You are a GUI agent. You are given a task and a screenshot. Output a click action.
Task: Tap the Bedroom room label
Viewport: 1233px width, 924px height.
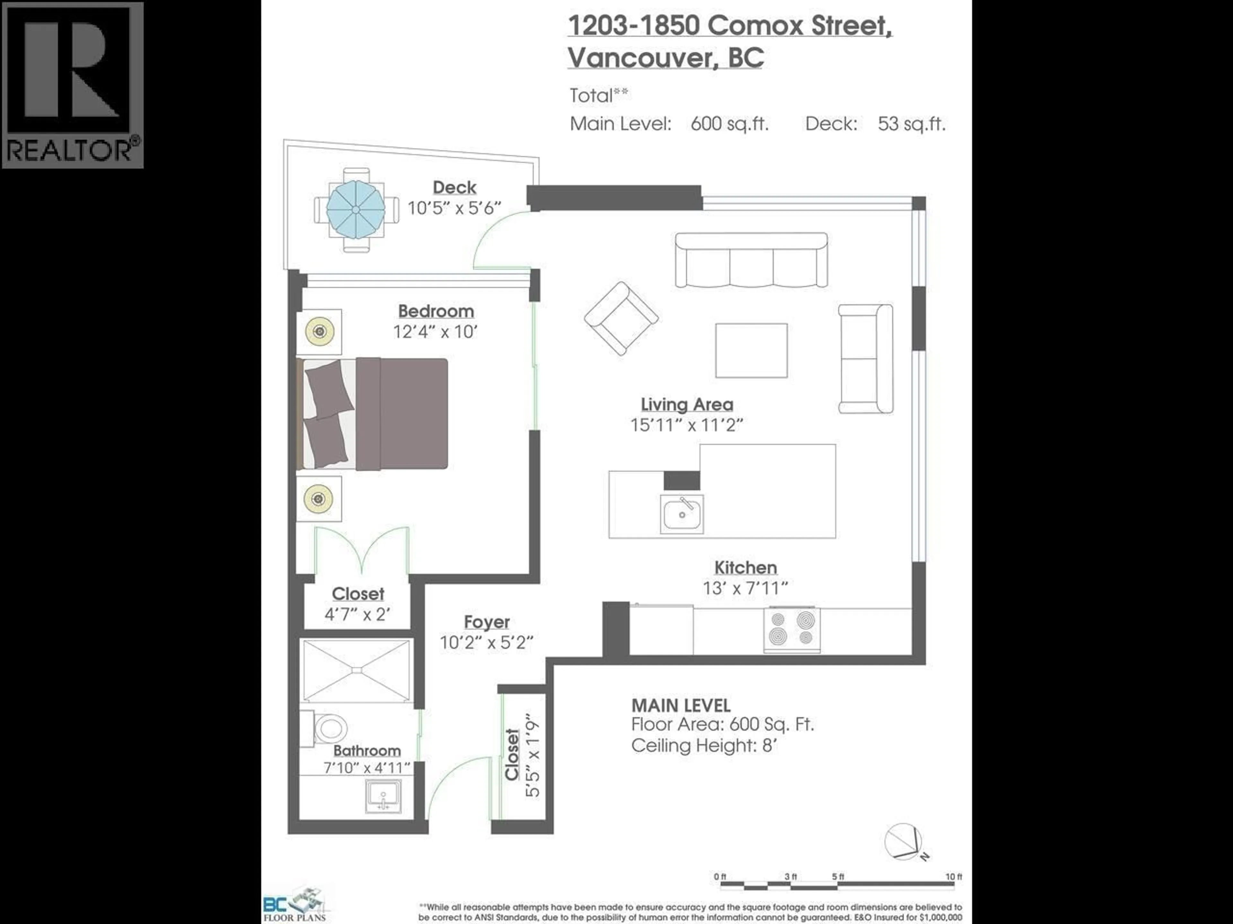coord(436,311)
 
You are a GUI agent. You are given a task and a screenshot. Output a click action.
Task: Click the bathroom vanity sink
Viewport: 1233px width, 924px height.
coord(383,796)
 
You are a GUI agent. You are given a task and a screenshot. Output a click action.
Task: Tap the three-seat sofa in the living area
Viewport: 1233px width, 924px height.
coord(751,260)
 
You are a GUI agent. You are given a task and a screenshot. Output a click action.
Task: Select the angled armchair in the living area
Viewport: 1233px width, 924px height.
coord(621,318)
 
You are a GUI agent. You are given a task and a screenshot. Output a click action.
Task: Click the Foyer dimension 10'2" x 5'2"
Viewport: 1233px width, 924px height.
coord(487,643)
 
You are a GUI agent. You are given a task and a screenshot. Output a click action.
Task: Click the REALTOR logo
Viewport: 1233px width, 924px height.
coord(73,85)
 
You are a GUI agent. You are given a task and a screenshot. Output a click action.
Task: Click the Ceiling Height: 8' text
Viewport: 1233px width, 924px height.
coord(704,745)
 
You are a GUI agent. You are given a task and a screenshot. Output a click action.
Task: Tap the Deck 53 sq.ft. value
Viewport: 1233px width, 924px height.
coord(911,124)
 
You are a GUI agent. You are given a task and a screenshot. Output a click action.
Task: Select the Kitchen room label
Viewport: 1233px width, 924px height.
coord(745,568)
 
